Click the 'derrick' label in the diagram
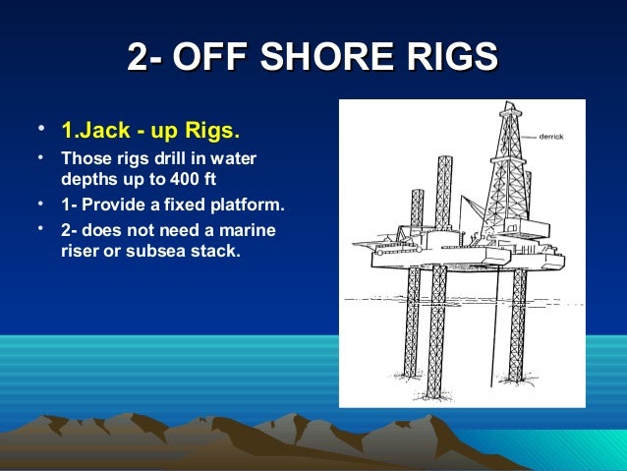551,138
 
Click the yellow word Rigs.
216,131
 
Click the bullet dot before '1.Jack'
37,129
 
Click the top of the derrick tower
511,110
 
